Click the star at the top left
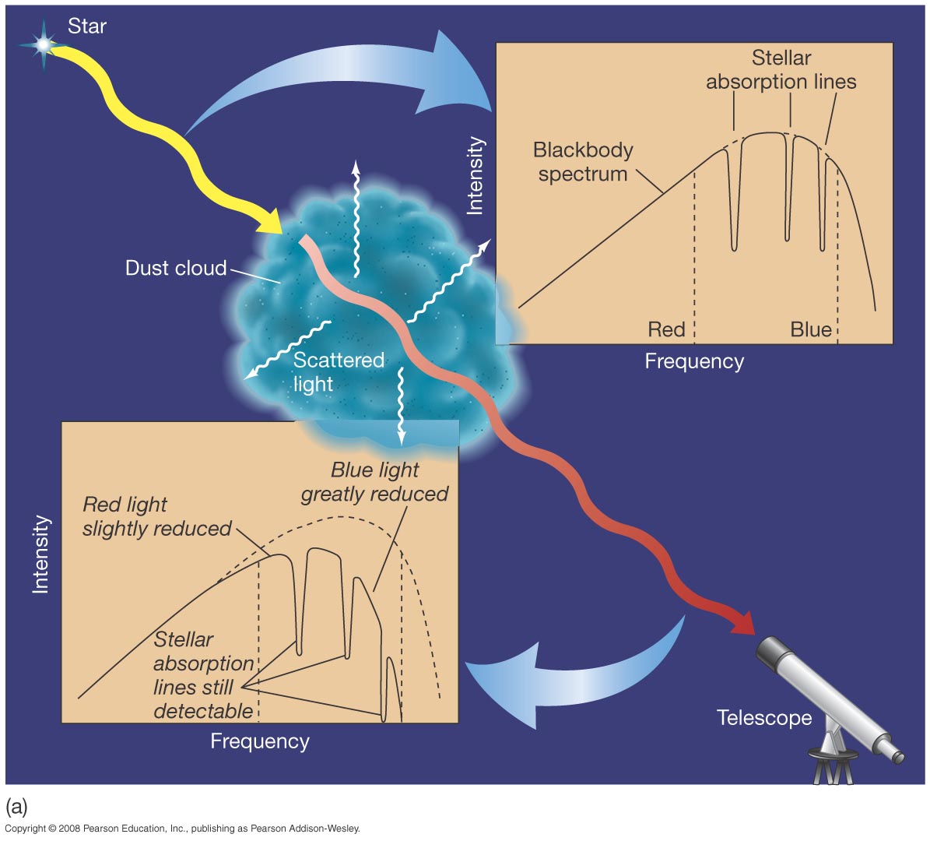(44, 44)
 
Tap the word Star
(86, 26)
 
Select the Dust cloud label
(176, 269)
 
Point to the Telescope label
(763, 718)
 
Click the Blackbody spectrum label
(583, 161)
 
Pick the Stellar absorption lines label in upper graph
(781, 70)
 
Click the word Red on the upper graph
(666, 330)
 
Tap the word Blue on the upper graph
(810, 330)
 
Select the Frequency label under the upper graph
(694, 361)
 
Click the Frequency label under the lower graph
(260, 741)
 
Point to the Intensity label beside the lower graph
(40, 554)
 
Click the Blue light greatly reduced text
(374, 482)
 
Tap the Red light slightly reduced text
(156, 516)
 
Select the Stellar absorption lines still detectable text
(203, 675)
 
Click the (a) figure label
(16, 805)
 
